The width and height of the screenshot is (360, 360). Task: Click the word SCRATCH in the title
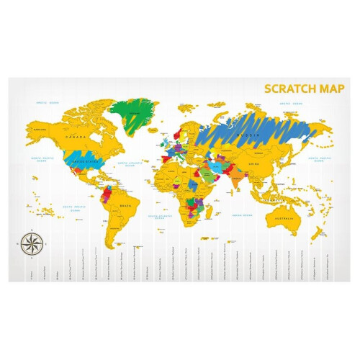point(289,89)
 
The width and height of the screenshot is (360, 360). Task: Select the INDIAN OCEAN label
point(241,215)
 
